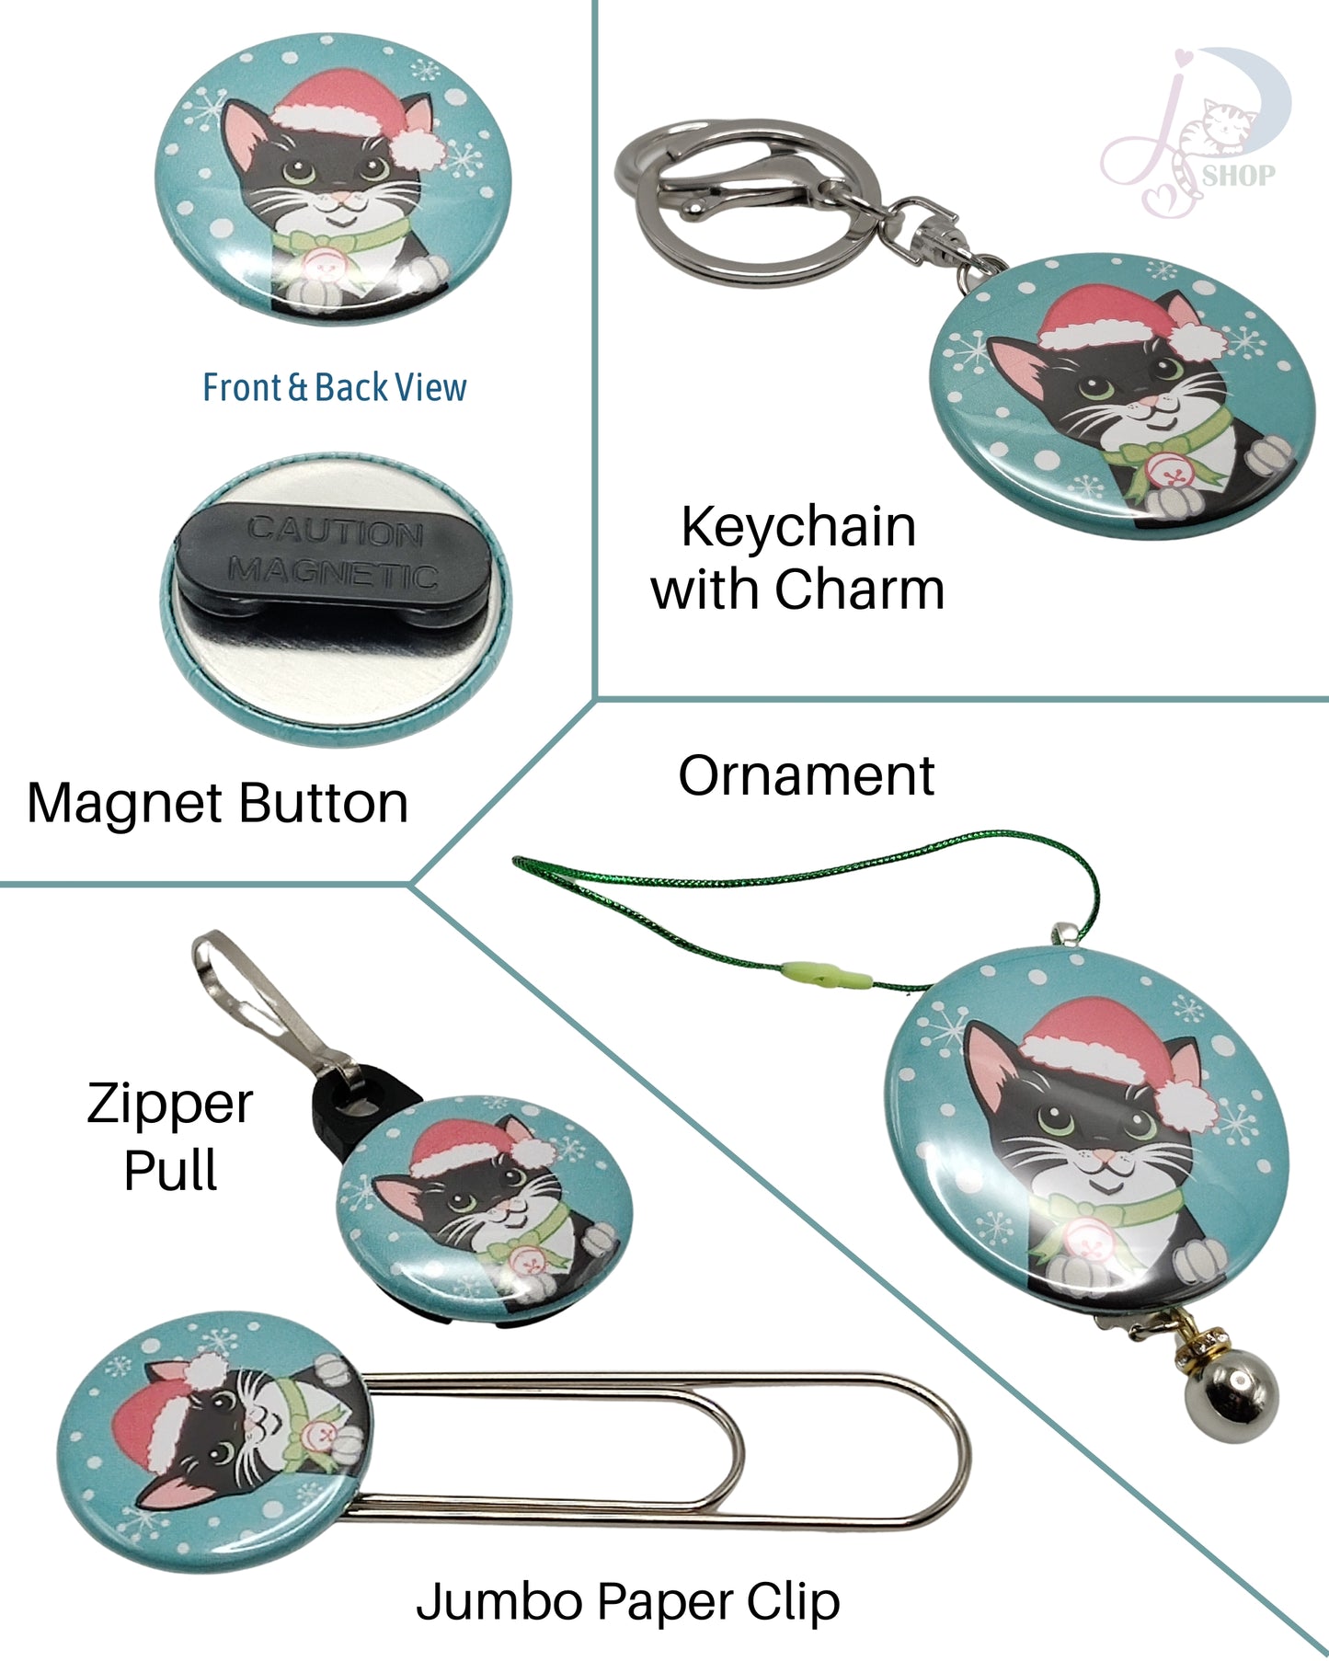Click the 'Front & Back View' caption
[x=334, y=387]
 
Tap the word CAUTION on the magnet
[x=335, y=531]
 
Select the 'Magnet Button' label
[x=217, y=803]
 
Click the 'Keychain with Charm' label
[x=797, y=557]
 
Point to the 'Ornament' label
[x=806, y=775]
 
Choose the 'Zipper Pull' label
[x=170, y=1136]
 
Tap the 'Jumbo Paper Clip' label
[x=627, y=1601]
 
